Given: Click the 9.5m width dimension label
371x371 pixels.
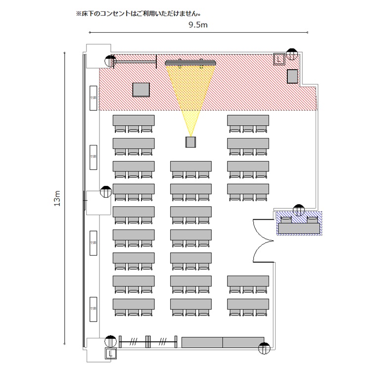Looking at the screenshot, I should (197, 25).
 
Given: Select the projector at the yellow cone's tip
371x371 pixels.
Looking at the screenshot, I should (191, 142).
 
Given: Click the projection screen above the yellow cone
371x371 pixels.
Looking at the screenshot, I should (191, 62).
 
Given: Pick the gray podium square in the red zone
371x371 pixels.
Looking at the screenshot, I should (141, 90).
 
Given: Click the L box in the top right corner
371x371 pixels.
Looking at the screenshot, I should (279, 59).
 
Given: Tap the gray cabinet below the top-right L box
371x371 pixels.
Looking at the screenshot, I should (292, 77).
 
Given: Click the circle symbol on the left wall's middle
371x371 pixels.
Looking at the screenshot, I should (105, 192).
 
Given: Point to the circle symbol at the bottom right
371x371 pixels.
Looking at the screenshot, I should (265, 348).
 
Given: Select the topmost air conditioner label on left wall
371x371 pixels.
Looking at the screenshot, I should (93, 98).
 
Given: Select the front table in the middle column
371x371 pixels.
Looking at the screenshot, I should (191, 166).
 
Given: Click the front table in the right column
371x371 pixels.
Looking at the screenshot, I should (248, 120).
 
